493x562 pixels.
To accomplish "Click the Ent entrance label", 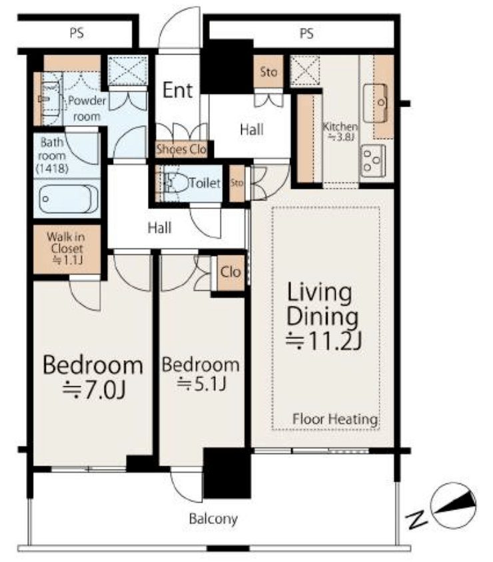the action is click(x=178, y=90).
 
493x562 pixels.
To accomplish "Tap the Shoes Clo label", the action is click(x=181, y=149).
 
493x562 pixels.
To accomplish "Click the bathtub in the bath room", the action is click(x=68, y=199).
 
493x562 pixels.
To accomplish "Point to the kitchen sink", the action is click(x=375, y=103).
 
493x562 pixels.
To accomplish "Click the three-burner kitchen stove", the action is click(x=373, y=161).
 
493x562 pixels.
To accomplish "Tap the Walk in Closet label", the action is click(x=67, y=248).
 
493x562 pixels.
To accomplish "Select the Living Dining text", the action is click(x=322, y=304).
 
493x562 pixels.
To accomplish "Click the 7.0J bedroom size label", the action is click(x=94, y=390).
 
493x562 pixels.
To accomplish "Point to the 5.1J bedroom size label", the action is click(x=201, y=384).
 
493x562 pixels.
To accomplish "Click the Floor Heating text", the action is click(x=335, y=419).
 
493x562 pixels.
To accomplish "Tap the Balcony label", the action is click(x=213, y=519).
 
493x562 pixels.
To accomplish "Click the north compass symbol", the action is click(x=453, y=505).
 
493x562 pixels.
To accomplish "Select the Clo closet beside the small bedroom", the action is click(x=231, y=272).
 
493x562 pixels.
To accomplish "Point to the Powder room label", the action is click(x=87, y=109).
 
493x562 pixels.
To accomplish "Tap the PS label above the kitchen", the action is click(x=306, y=33).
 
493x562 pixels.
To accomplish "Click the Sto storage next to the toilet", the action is click(x=237, y=183).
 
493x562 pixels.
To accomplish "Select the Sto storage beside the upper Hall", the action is click(x=268, y=72).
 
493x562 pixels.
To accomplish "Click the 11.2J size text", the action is click(x=324, y=340).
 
